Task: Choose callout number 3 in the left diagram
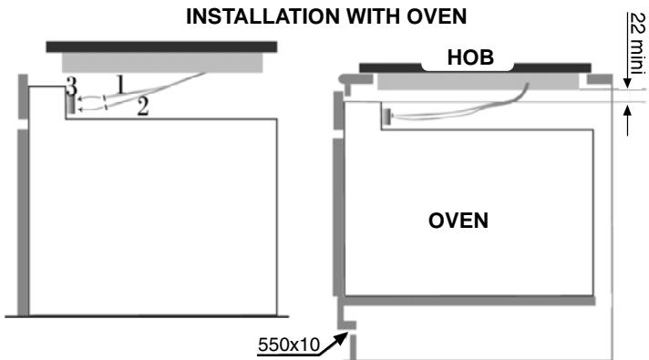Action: (69, 87)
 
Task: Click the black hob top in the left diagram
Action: (161, 46)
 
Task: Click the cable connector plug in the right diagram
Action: (386, 116)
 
